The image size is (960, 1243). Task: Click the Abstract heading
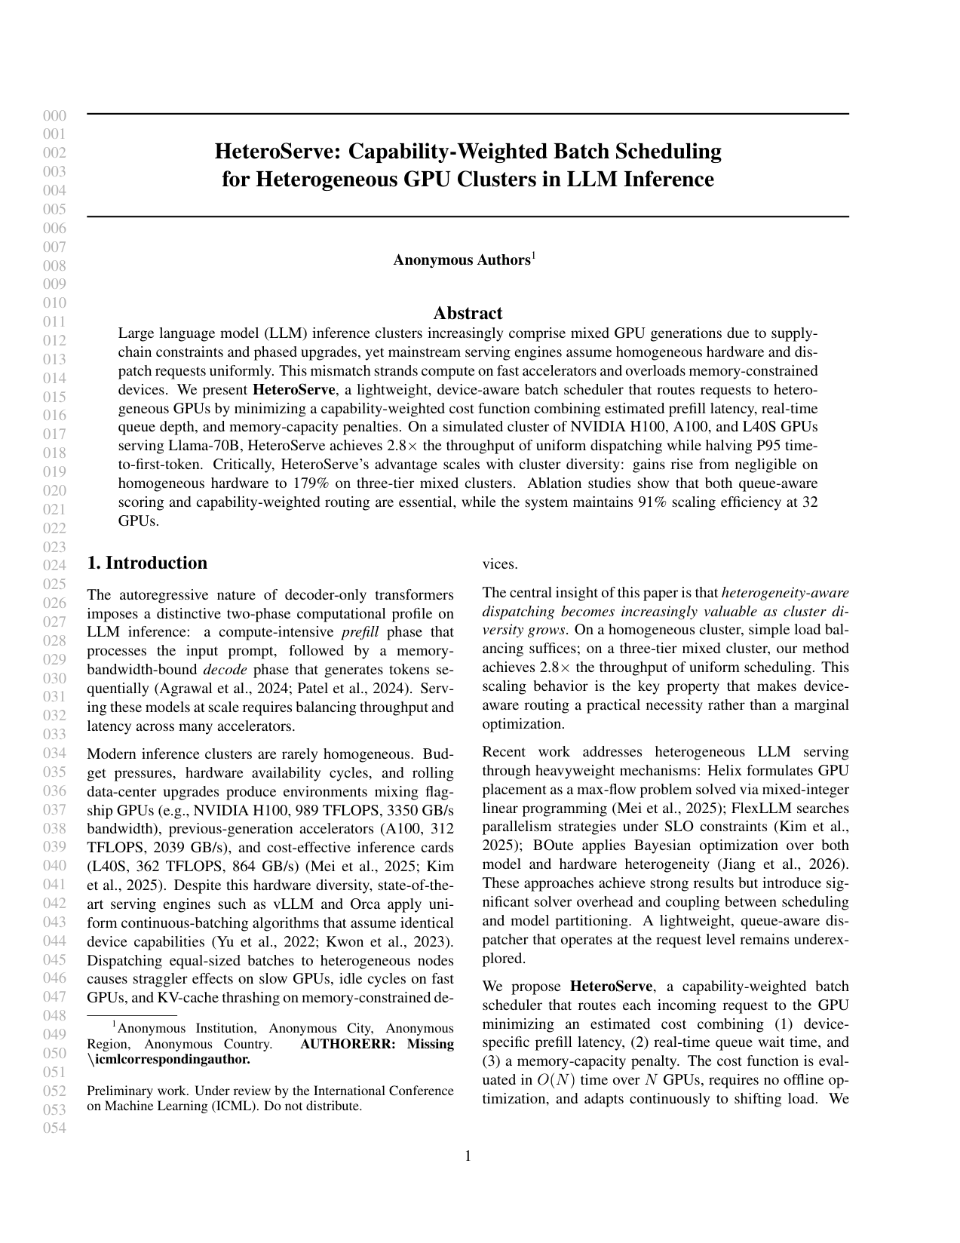pos(468,313)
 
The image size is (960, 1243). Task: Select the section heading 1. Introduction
pos(147,563)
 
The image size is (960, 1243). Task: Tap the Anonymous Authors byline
pos(462,260)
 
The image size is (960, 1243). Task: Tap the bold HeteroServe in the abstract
pos(293,390)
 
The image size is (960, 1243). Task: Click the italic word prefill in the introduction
pos(360,632)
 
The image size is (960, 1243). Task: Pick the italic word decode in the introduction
pos(226,670)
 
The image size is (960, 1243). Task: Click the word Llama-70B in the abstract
pos(199,446)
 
